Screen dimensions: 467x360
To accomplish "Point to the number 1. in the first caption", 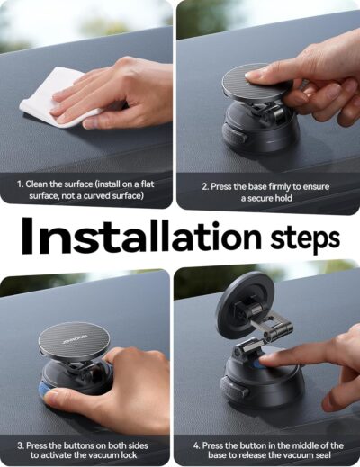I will click(x=20, y=184).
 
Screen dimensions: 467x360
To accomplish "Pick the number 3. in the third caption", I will click(x=20, y=445).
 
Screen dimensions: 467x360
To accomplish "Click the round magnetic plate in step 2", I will click(x=256, y=82).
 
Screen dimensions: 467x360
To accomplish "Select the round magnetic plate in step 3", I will click(x=74, y=339).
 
